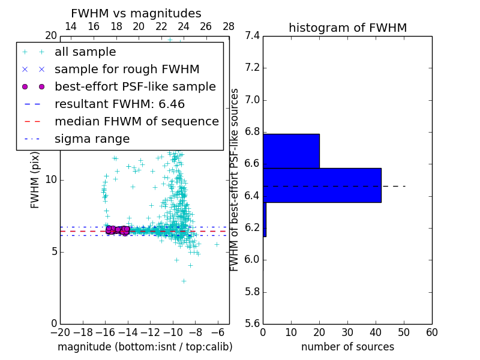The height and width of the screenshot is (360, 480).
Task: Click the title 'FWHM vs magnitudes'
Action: [x=136, y=13]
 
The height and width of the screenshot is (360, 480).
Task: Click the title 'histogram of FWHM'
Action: [x=347, y=28]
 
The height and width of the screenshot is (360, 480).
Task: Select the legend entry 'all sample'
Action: [x=85, y=52]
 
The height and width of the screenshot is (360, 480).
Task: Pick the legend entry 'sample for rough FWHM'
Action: [x=127, y=69]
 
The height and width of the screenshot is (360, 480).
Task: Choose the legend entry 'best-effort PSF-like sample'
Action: [x=135, y=86]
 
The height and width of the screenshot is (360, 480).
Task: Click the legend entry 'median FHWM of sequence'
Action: [x=136, y=121]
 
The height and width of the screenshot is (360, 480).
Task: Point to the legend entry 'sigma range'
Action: [x=92, y=139]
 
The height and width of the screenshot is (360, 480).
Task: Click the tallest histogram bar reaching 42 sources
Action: [x=322, y=185]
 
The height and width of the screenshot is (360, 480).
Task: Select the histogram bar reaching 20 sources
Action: [x=291, y=151]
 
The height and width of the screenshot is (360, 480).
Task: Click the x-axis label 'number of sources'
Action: [x=347, y=347]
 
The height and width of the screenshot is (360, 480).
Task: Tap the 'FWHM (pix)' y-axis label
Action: [x=35, y=179]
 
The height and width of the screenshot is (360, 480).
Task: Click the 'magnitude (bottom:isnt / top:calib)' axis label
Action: [x=145, y=347]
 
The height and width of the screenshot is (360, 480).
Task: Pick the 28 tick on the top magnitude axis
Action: [x=229, y=26]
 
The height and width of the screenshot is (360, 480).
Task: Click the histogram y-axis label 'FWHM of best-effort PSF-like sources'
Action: [x=235, y=179]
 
